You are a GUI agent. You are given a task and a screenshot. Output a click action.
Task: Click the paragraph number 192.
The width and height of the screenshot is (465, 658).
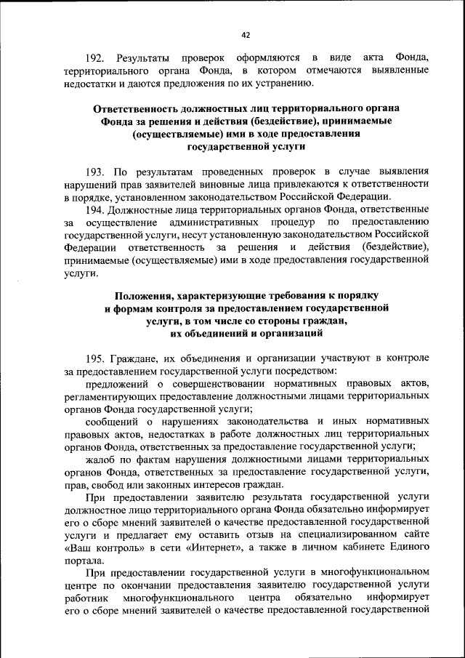(x=95, y=57)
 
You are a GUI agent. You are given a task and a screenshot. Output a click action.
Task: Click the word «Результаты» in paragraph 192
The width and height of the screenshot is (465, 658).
(x=145, y=57)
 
